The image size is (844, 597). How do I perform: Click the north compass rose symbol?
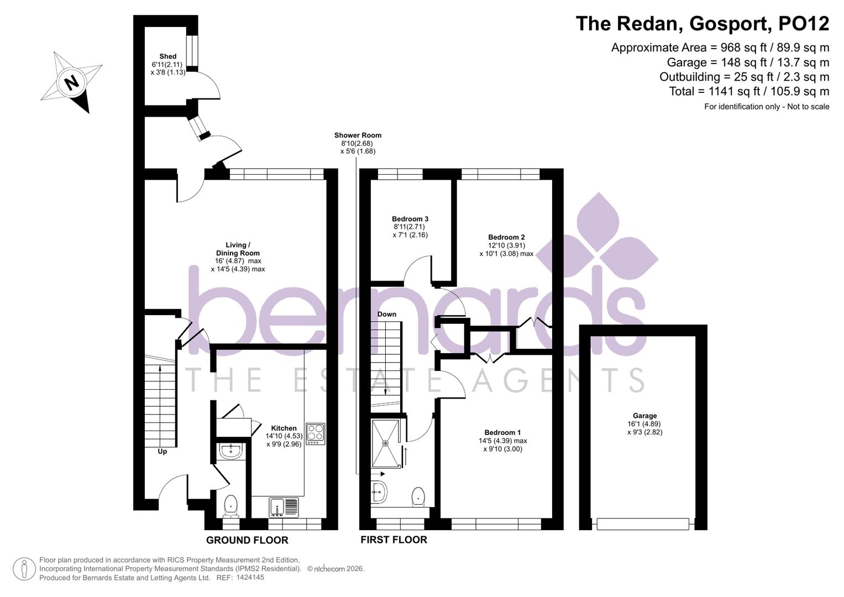click(71, 82)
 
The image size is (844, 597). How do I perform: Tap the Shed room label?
click(167, 56)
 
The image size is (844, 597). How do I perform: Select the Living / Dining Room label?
click(238, 249)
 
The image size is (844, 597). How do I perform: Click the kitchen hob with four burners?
click(315, 433)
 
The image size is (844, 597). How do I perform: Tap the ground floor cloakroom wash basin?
click(229, 452)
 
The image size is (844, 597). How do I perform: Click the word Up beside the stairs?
click(162, 452)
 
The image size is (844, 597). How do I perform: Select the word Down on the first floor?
click(387, 315)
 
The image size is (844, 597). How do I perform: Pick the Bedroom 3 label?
click(410, 219)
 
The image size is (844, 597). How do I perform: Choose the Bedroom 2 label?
click(506, 238)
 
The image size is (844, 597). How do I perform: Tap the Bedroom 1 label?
click(502, 433)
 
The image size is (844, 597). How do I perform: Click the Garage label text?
click(644, 416)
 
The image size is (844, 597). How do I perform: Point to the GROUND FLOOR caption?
click(247, 540)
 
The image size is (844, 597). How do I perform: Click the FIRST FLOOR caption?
click(394, 540)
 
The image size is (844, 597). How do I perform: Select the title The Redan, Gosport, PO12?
click(702, 24)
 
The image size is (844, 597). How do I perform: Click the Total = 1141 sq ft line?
click(749, 92)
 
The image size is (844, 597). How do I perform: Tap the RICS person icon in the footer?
click(24, 569)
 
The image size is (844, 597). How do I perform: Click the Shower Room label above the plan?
click(358, 135)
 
